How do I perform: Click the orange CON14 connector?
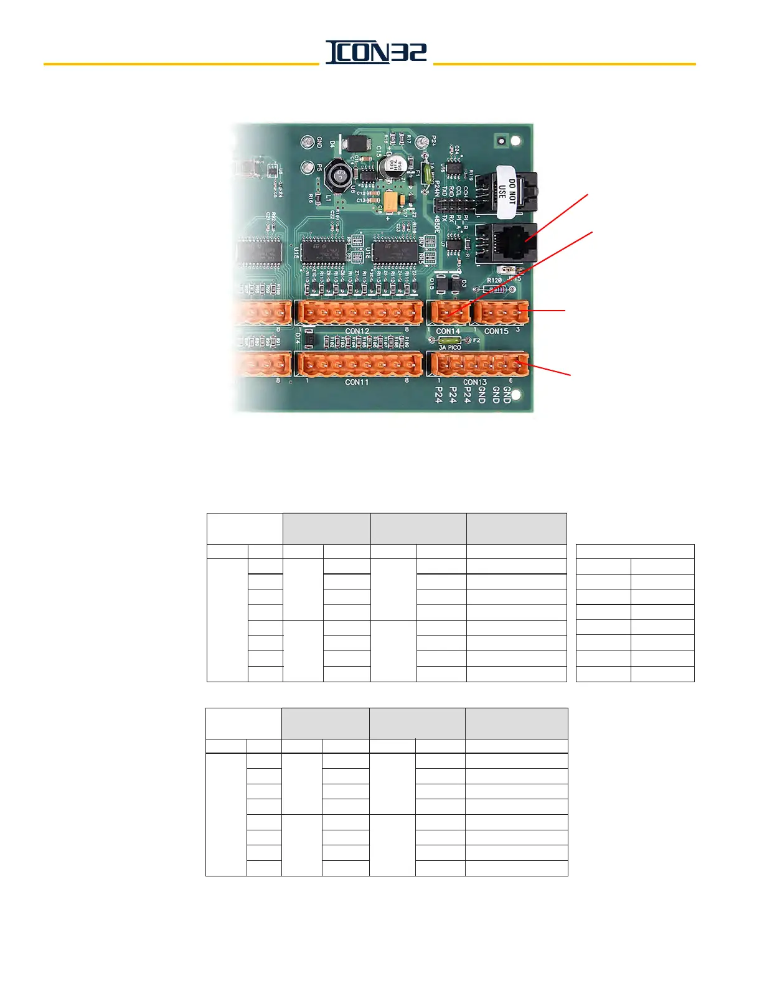pyautogui.click(x=449, y=312)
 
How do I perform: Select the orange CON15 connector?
pyautogui.click(x=501, y=312)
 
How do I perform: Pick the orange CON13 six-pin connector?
pyautogui.click(x=477, y=364)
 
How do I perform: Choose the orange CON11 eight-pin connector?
pyautogui.click(x=359, y=364)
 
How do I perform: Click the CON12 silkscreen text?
pyautogui.click(x=357, y=331)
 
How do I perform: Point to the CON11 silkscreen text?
pyautogui.click(x=357, y=382)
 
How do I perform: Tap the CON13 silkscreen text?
pyautogui.click(x=475, y=382)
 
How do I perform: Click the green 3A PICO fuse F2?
pyautogui.click(x=449, y=341)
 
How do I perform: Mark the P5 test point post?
pyautogui.click(x=308, y=168)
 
